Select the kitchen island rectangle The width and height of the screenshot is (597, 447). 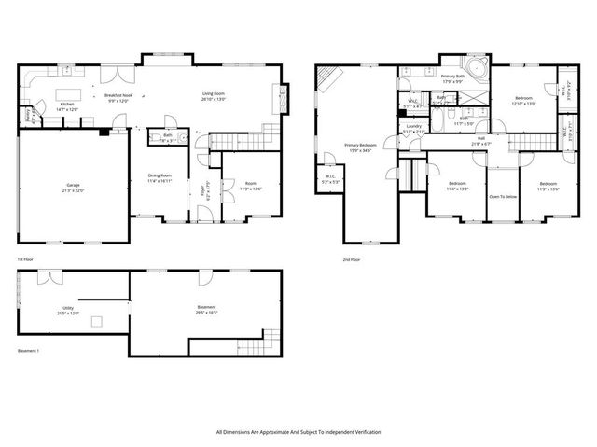(67, 93)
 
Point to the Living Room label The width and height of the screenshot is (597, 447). (216, 95)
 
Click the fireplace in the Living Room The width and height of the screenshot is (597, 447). (279, 97)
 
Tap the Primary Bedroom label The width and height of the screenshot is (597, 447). (360, 147)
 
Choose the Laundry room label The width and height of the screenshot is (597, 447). (413, 126)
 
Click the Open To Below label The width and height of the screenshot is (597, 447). (503, 197)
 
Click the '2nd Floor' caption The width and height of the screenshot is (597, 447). (351, 259)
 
